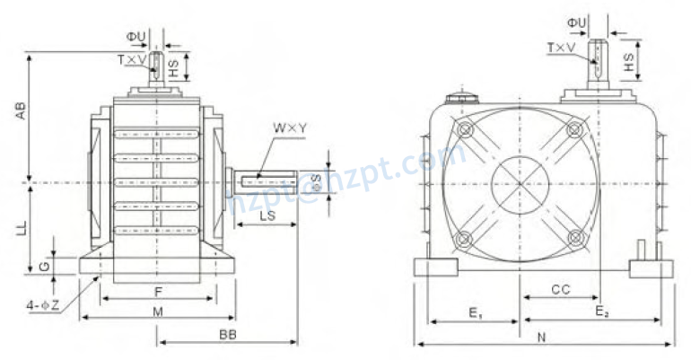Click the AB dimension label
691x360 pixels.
click(x=20, y=110)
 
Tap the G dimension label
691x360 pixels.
click(x=45, y=267)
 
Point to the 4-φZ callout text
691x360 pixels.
click(x=42, y=305)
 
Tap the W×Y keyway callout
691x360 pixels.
click(x=290, y=128)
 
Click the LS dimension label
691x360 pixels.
click(x=267, y=217)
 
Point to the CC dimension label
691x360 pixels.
click(x=560, y=289)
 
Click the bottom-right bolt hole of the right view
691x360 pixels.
click(x=575, y=239)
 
